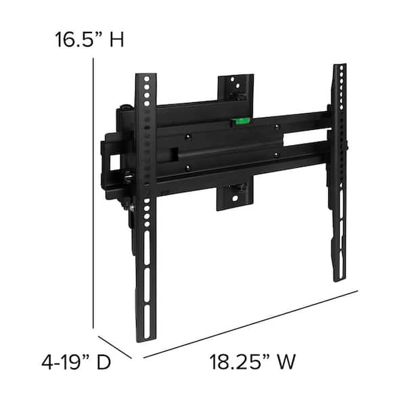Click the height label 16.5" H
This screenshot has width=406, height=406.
(x=90, y=39)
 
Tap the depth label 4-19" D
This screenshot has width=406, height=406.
(x=76, y=362)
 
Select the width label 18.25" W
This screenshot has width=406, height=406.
(x=252, y=362)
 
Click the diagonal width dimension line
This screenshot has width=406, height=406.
(x=250, y=323)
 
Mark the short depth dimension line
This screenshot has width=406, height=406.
(x=114, y=347)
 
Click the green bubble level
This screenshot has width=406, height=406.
(x=241, y=122)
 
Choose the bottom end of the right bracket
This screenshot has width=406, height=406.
(x=339, y=274)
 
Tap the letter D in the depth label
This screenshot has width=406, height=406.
(x=103, y=362)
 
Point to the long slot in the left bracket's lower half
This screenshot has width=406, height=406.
(x=144, y=271)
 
